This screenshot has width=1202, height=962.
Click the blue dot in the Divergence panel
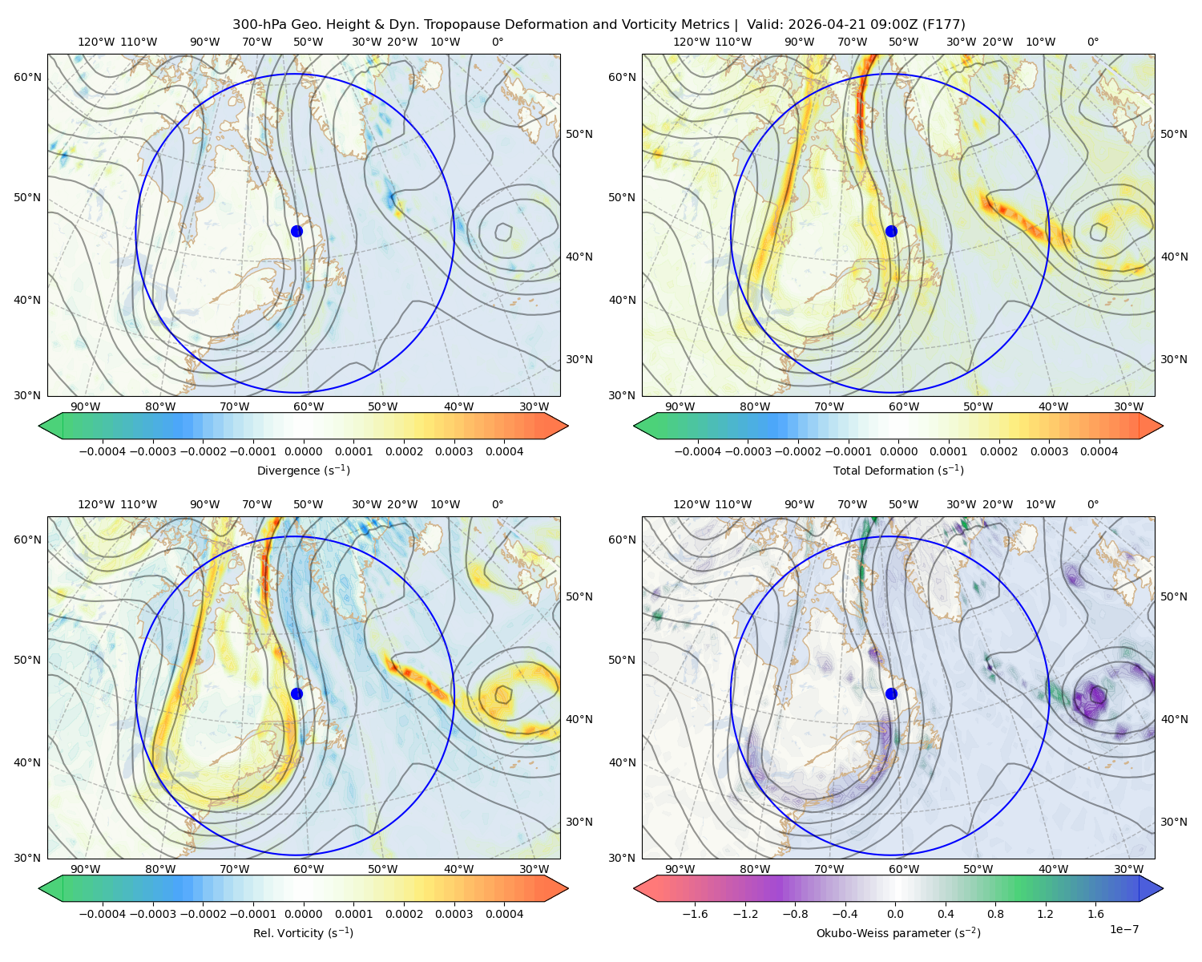coord(296,231)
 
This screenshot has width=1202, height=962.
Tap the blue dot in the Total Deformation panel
coord(891,231)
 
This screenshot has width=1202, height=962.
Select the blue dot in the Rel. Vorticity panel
coord(296,693)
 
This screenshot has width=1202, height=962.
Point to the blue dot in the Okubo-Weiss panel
coord(891,693)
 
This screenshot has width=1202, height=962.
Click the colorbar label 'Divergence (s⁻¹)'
coord(303,470)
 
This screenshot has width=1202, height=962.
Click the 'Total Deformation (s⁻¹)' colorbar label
coord(898,470)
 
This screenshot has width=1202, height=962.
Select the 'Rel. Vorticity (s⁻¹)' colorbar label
coord(303,932)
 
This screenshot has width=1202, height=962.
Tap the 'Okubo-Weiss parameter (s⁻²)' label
coord(898,932)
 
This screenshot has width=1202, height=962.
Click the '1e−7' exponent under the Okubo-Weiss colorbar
coord(1123,929)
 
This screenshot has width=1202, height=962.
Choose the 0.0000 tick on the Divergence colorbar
coord(303,451)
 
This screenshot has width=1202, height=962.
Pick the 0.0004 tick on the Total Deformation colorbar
coord(1099,451)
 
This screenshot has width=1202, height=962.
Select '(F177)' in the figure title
coord(944,25)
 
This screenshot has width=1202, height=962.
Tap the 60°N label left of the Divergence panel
coord(27,77)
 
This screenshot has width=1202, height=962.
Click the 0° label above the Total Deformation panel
coord(1092,42)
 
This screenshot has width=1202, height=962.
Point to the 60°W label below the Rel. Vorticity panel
coord(309,869)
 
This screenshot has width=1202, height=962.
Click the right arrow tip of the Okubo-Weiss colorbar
coord(1163,888)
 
